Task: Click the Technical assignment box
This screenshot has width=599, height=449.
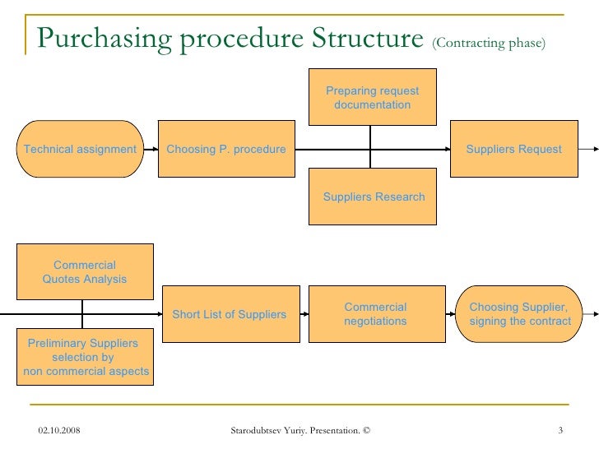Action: point(81,149)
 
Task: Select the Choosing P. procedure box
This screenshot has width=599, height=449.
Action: point(226,149)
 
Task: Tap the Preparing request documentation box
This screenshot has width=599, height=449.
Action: point(372,98)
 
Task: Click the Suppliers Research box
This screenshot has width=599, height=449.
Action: point(374,197)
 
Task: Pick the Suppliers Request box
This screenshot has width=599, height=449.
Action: point(513,149)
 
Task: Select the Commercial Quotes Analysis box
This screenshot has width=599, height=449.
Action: point(85,271)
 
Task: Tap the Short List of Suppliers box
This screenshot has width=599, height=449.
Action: point(229,314)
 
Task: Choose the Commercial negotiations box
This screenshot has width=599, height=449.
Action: point(374,314)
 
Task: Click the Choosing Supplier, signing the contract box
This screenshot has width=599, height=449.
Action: point(519,314)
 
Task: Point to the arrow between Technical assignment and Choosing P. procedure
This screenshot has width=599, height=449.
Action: point(151,149)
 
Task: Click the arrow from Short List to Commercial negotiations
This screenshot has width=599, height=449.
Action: point(301,314)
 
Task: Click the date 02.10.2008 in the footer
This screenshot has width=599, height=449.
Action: point(64,430)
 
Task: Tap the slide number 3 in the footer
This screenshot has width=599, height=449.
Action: point(560,430)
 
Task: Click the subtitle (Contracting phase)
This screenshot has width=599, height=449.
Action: point(488,43)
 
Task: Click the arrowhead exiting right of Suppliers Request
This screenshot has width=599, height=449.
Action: point(593,149)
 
